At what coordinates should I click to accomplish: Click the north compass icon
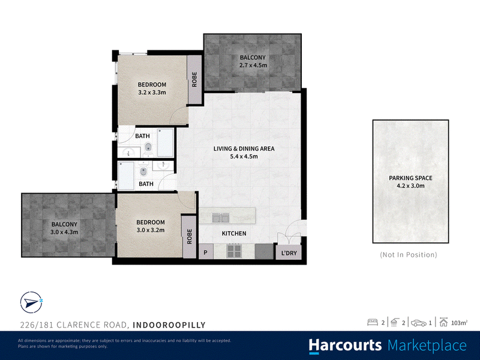[x=31, y=302]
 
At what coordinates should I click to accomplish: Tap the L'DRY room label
[x=289, y=253]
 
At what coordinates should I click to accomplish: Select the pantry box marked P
[x=206, y=252]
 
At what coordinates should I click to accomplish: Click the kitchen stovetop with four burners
[x=233, y=251]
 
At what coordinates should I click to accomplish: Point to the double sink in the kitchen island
[x=221, y=218]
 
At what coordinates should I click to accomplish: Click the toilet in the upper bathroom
[x=148, y=148]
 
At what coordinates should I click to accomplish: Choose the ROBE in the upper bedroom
[x=194, y=79]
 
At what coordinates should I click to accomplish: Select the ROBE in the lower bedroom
[x=189, y=236]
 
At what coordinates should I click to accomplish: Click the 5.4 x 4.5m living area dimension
[x=244, y=157]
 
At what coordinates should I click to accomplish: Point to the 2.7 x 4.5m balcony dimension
[x=253, y=65]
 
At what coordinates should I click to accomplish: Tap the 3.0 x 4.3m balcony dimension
[x=64, y=232]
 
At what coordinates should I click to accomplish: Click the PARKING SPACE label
[x=410, y=178]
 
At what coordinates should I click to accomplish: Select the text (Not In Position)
[x=409, y=254]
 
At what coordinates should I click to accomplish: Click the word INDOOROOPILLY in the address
[x=169, y=325]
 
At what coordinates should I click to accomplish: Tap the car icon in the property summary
[x=418, y=323]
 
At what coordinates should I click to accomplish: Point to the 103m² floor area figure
[x=459, y=323]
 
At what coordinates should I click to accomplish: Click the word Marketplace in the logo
[x=427, y=346]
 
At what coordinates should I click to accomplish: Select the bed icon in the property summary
[x=373, y=322]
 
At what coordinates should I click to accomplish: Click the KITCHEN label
[x=234, y=233]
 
